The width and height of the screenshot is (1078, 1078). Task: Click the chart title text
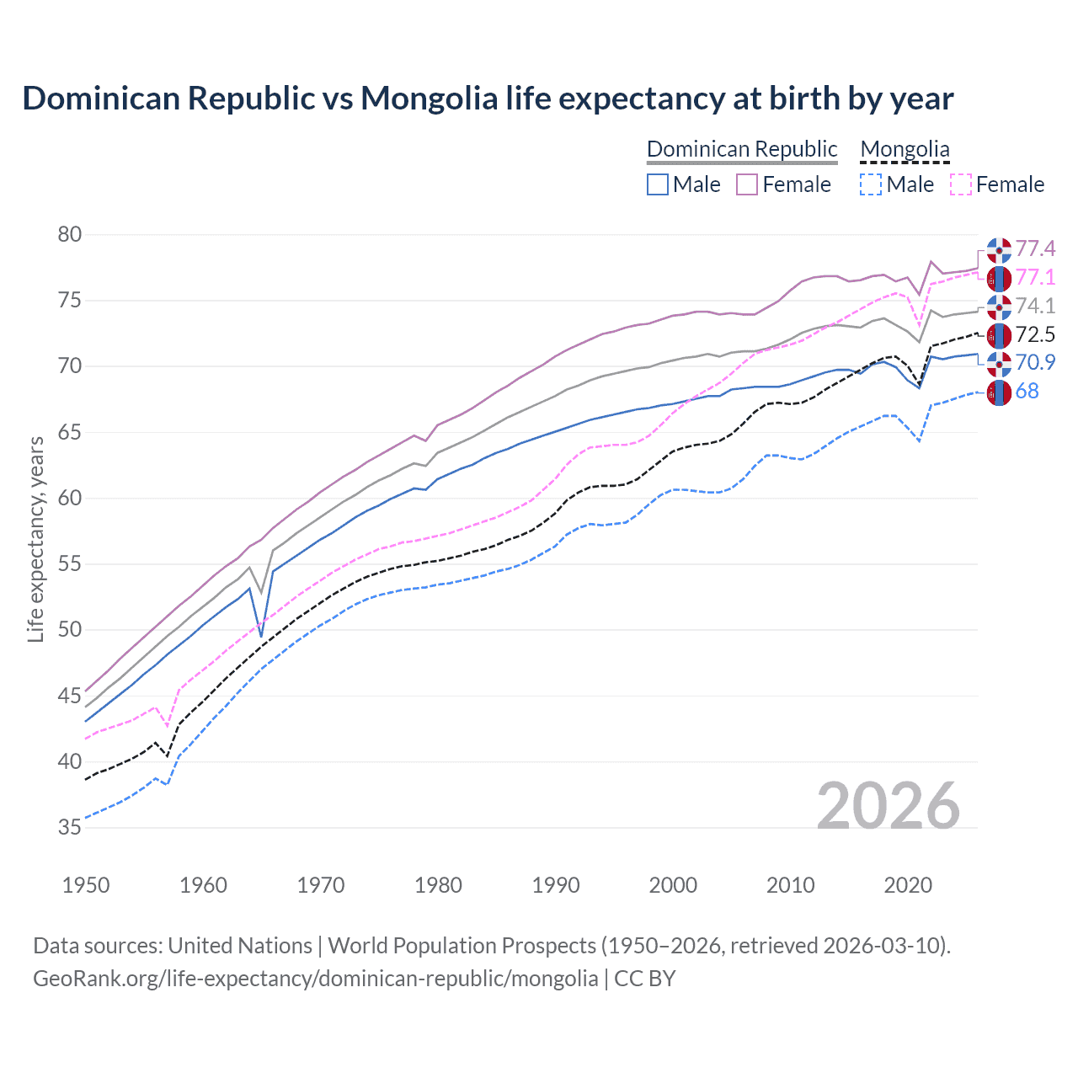click(488, 99)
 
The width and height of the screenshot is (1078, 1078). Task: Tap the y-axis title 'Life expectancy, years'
click(35, 539)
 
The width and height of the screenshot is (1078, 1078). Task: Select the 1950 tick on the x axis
click(86, 885)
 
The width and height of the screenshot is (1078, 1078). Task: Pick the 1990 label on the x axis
click(556, 885)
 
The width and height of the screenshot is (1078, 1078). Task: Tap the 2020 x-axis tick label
click(908, 885)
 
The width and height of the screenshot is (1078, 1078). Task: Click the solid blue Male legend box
click(658, 184)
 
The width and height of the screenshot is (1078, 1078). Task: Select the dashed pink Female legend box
click(961, 184)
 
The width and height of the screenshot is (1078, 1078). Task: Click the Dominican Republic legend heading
click(742, 149)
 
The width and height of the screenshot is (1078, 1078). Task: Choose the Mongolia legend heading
click(905, 149)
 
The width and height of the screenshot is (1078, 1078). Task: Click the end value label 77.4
click(1035, 249)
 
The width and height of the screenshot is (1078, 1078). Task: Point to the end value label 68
click(1027, 392)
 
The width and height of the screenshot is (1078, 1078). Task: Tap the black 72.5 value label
click(1035, 335)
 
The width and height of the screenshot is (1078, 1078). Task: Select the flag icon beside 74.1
click(999, 307)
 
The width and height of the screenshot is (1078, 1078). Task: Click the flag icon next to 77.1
click(999, 278)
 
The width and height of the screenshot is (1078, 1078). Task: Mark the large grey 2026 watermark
click(889, 806)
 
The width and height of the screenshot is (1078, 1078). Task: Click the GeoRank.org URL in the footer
click(315, 979)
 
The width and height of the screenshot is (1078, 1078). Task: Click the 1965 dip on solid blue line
click(261, 637)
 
